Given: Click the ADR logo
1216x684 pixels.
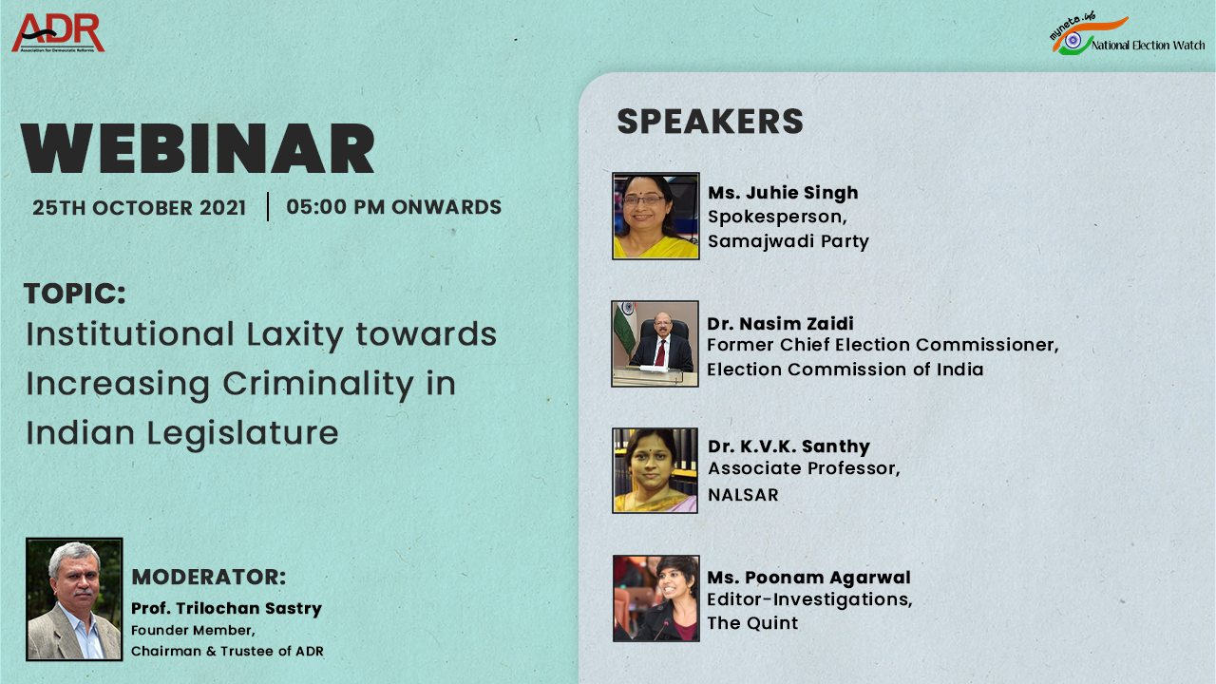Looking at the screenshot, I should pyautogui.click(x=58, y=33).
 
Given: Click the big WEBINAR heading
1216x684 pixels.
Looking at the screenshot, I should pyautogui.click(x=199, y=149).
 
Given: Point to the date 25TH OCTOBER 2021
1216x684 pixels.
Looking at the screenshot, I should pyautogui.click(x=140, y=208).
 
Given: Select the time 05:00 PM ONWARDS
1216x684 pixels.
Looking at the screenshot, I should pyautogui.click(x=393, y=207).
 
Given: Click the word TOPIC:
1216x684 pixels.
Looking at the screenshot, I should pyautogui.click(x=75, y=294).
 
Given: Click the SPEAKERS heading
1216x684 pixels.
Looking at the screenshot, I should pyautogui.click(x=710, y=122).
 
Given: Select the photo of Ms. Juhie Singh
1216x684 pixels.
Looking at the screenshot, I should pyautogui.click(x=655, y=216).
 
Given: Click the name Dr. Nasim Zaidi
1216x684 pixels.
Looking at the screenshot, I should pyautogui.click(x=780, y=324).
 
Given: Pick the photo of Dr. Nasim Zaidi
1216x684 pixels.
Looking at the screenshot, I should pyautogui.click(x=655, y=344).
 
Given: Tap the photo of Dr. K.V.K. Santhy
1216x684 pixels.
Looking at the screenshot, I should pyautogui.click(x=655, y=470).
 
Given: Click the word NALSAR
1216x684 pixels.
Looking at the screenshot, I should pyautogui.click(x=743, y=495).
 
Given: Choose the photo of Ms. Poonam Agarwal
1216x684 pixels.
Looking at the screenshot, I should pyautogui.click(x=655, y=598).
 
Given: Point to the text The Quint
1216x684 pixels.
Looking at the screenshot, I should pyautogui.click(x=752, y=623).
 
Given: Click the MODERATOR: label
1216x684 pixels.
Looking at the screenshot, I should pyautogui.click(x=208, y=577).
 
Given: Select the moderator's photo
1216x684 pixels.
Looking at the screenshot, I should pyautogui.click(x=74, y=598).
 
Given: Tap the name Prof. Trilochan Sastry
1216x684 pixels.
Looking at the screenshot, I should pyautogui.click(x=226, y=608).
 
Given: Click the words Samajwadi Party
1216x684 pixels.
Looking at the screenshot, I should pyautogui.click(x=788, y=241).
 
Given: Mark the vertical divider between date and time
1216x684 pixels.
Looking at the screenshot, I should pyautogui.click(x=268, y=207).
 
